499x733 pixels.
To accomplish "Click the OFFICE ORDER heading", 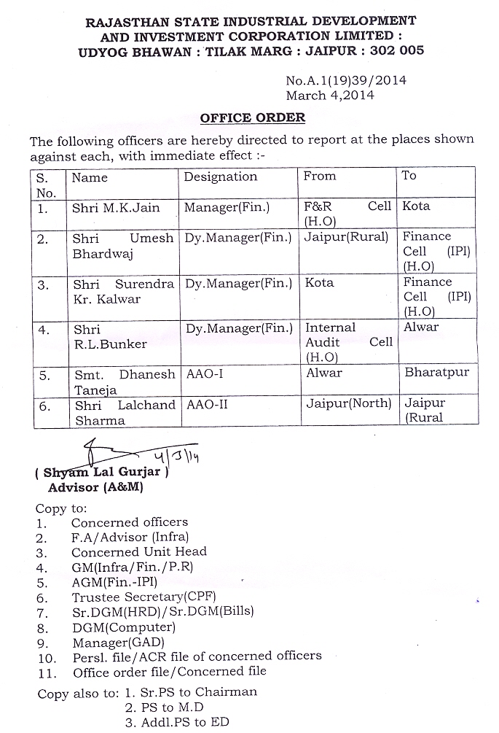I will [253, 117].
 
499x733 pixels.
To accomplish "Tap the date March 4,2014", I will [329, 95].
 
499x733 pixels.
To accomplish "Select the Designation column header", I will [220, 177].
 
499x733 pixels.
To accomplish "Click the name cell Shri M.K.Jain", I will [116, 207].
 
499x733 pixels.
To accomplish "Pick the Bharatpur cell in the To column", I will [437, 373].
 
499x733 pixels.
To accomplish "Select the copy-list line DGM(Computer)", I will [123, 627].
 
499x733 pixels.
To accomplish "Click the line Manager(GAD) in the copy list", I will [118, 642].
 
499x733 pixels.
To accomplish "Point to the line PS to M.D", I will [164, 707].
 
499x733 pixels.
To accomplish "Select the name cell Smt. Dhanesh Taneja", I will [124, 381].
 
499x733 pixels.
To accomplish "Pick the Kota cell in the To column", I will [416, 206].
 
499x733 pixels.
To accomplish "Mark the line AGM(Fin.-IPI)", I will [114, 582].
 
